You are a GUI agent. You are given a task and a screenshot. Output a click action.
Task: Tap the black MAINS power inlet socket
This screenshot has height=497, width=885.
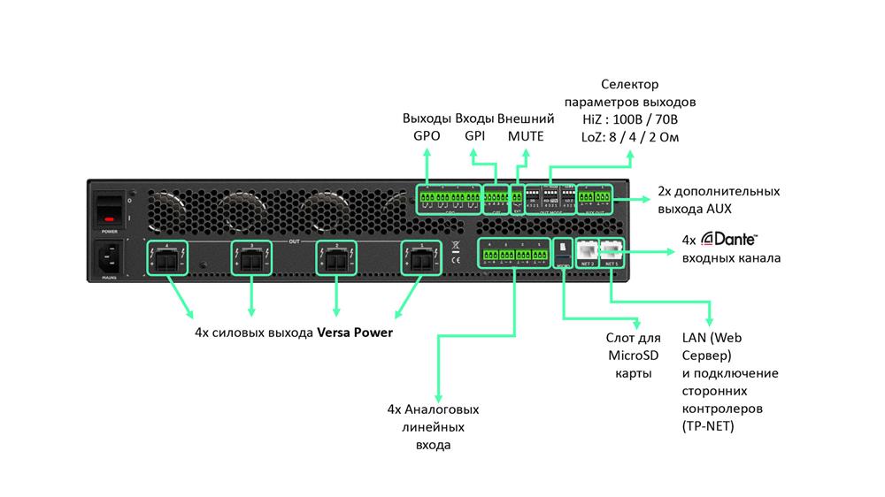point(111,257)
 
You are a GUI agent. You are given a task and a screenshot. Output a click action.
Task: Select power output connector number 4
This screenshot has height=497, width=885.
point(167,259)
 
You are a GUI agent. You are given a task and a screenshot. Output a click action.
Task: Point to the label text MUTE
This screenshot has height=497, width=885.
point(526,136)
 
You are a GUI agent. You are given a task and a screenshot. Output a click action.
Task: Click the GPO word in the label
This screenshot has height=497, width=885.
point(427,136)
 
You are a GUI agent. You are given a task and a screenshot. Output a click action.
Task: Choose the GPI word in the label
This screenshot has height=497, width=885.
point(475,136)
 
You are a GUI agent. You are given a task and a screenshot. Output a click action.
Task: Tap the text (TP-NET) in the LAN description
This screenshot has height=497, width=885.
point(709,427)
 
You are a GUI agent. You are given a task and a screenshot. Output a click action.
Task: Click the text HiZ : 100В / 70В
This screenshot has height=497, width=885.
point(630,119)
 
